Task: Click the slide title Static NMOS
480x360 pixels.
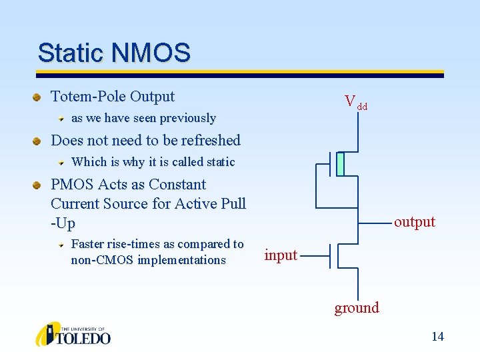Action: point(114,52)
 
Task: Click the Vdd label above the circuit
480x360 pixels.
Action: point(355,102)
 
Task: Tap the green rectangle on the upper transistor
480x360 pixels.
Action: point(340,164)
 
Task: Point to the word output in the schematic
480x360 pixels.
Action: point(414,222)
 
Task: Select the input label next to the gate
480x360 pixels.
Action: point(281,255)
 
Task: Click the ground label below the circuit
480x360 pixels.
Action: point(357,307)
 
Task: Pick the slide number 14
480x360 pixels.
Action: point(437,336)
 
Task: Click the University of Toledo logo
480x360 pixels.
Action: point(73,334)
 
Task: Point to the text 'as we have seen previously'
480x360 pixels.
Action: point(143,119)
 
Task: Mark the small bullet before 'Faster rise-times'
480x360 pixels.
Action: point(61,245)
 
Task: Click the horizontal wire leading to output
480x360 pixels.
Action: point(373,223)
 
